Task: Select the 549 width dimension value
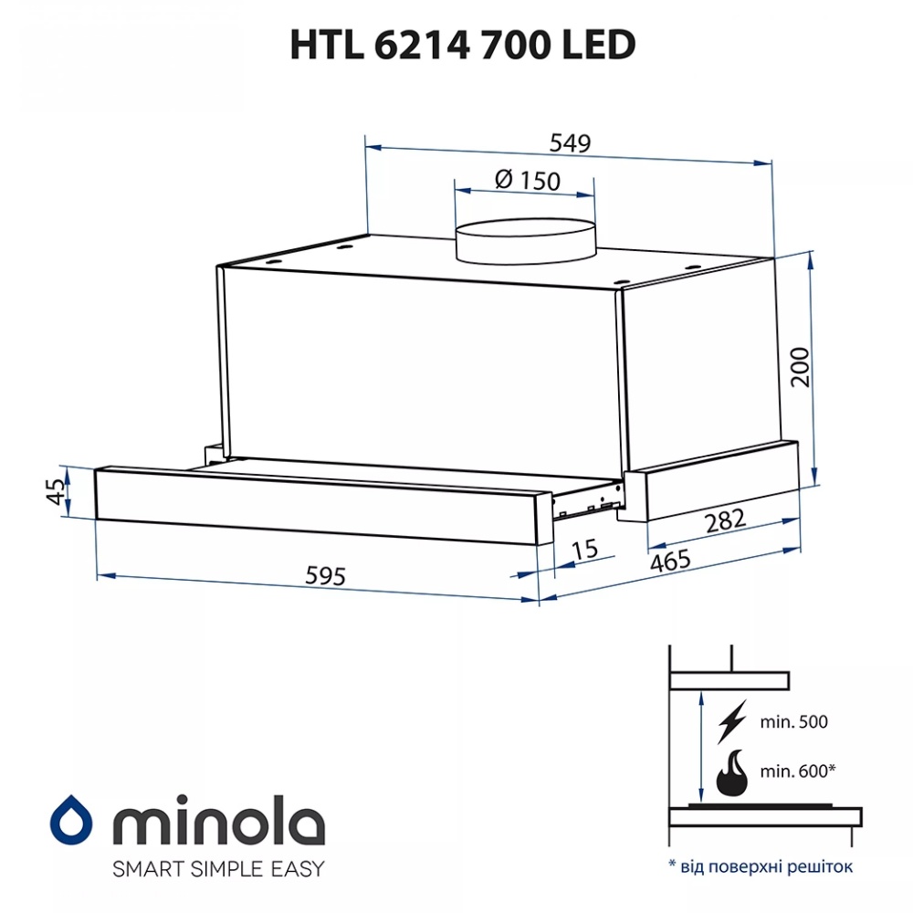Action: point(571,143)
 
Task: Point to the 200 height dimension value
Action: point(801,367)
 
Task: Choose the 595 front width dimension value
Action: point(326,576)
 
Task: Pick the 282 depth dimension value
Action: point(727,521)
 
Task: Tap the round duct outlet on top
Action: point(525,239)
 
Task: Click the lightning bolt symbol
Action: point(732,721)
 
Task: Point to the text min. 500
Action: point(792,722)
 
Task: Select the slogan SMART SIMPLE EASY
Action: point(217,868)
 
